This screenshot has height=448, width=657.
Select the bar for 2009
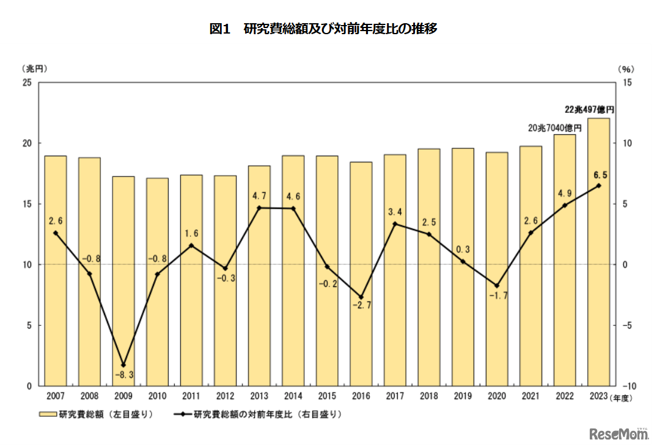[x=123, y=281]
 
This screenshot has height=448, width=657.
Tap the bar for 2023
[x=598, y=251]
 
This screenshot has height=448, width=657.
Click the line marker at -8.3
[x=123, y=365]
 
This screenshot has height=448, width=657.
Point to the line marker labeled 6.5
[x=598, y=186]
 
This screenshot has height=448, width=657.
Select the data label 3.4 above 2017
[x=394, y=212]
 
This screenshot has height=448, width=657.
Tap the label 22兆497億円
[x=589, y=110]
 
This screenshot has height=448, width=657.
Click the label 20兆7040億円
[x=554, y=128]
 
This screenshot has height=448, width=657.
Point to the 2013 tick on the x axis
[x=259, y=396]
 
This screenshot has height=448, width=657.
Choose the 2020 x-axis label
[x=496, y=396]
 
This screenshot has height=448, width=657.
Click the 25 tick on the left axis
[x=27, y=82]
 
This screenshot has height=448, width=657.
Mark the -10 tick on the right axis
[x=629, y=386]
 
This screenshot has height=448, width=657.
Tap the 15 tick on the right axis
[x=628, y=82]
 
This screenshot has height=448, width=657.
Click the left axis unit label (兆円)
[x=34, y=68]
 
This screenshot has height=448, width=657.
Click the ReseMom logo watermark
[x=618, y=434]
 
